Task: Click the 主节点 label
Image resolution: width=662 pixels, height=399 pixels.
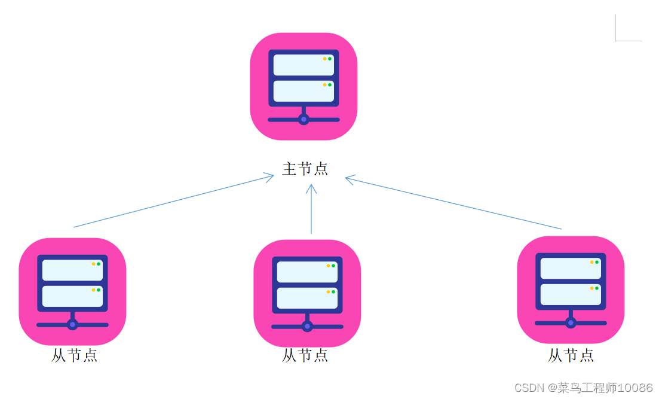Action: point(305,169)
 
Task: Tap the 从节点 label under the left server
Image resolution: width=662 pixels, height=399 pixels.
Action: point(74,355)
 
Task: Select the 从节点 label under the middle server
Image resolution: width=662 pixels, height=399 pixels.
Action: point(305,355)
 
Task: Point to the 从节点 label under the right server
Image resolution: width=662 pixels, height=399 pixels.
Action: point(571,355)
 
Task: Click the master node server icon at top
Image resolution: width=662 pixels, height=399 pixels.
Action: point(304,86)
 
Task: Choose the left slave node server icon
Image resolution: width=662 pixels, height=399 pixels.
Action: point(72,291)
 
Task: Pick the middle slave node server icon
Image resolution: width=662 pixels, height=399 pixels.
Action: point(307,293)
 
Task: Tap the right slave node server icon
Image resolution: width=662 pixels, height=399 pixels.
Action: point(571,290)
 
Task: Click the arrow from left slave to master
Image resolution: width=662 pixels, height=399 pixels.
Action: point(173,201)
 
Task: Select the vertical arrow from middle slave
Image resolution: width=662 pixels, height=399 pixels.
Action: point(311,209)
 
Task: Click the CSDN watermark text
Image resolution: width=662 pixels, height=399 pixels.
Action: point(528,388)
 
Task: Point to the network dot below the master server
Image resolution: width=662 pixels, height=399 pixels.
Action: point(304,120)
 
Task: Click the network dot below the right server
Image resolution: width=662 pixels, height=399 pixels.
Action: point(571,323)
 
